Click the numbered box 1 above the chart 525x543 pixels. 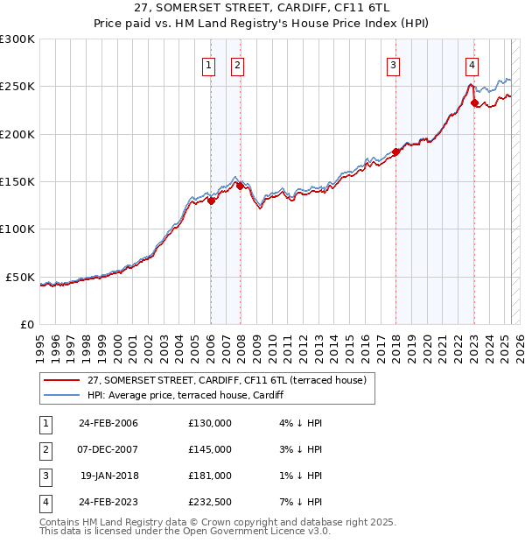(210, 64)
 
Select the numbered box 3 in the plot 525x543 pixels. (394, 64)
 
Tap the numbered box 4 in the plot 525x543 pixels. (472, 64)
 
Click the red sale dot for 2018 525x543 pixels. (395, 152)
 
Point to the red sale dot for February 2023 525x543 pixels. (475, 102)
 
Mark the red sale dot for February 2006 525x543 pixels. (211, 201)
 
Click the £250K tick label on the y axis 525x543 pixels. (18, 87)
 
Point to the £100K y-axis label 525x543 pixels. (18, 229)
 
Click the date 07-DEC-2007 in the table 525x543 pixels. (108, 449)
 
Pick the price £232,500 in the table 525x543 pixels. (210, 502)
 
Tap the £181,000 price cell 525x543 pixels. (210, 476)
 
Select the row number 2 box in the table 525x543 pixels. (44, 449)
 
